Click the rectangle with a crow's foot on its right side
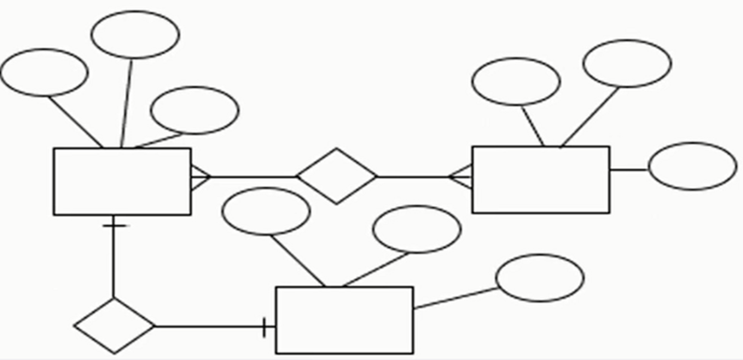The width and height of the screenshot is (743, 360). pyautogui.click(x=122, y=182)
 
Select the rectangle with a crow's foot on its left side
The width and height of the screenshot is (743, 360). pyautogui.click(x=541, y=180)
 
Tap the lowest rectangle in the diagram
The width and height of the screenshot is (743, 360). pyautogui.click(x=345, y=321)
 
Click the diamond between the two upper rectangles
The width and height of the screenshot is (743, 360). pyautogui.click(x=337, y=176)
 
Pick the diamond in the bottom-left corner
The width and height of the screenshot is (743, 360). pyautogui.click(x=114, y=326)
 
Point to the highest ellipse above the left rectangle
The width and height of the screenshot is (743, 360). pyautogui.click(x=135, y=35)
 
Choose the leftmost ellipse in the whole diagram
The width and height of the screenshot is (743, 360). pyautogui.click(x=44, y=72)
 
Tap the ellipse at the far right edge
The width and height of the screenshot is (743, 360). pyautogui.click(x=692, y=166)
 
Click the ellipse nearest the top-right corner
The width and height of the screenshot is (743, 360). pyautogui.click(x=627, y=63)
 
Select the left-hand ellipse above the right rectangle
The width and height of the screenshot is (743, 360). pyautogui.click(x=516, y=82)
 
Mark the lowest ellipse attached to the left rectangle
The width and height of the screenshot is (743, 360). pyautogui.click(x=195, y=110)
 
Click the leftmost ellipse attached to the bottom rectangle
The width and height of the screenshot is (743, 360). pyautogui.click(x=266, y=211)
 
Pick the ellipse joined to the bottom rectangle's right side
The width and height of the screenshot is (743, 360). pyautogui.click(x=540, y=278)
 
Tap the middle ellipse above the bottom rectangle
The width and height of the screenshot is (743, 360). pyautogui.click(x=417, y=229)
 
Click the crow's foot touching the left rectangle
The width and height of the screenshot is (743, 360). pyautogui.click(x=200, y=177)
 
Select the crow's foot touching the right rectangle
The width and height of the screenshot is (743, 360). pyautogui.click(x=462, y=177)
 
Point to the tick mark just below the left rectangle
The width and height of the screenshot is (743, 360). pyautogui.click(x=114, y=226)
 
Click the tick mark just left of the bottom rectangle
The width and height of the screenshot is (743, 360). pyautogui.click(x=264, y=327)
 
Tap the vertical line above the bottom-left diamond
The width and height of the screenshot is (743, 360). pyautogui.click(x=114, y=262)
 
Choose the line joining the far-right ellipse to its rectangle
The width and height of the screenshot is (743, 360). pyautogui.click(x=629, y=170)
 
